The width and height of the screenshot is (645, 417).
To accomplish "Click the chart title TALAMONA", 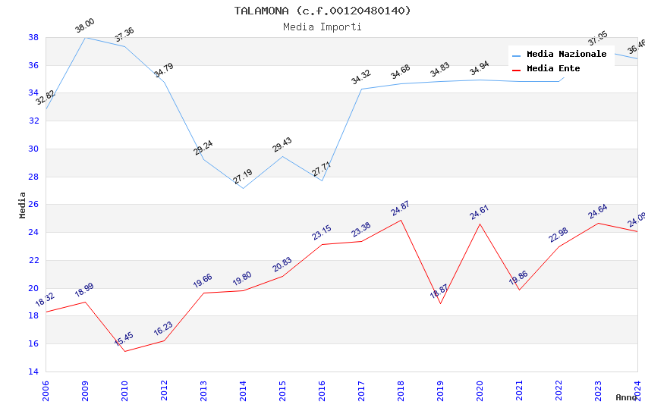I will pos(322,11).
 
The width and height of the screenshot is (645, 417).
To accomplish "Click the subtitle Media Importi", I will pos(322,27).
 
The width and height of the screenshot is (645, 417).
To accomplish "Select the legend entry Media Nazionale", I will pos(566,55).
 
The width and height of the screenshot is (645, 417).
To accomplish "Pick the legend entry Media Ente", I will pos(553,69).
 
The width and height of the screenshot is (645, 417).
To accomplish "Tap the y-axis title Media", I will pos(23,205).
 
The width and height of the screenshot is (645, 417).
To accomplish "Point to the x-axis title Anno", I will pos(626,397).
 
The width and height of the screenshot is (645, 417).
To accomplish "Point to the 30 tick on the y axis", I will pos(33,149).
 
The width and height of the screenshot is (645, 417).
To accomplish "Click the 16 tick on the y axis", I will pos(33,344).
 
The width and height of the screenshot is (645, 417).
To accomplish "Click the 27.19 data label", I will pos(243,177).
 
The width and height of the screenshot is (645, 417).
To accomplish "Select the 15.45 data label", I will pos(124,339).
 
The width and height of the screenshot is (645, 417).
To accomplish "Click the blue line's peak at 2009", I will pos(85,37).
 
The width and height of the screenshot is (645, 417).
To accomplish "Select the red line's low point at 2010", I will pos(124,351).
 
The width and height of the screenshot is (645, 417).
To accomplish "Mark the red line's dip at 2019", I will pos(440,303).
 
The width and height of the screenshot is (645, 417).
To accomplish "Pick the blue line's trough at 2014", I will pos(243,188).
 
